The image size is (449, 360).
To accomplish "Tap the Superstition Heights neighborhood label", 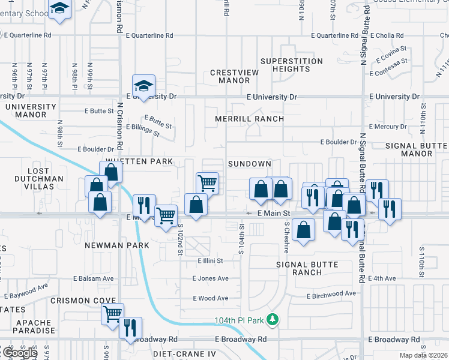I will tap(291, 65).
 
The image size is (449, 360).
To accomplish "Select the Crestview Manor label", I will tap(230, 77).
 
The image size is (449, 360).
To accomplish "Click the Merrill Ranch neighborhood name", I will tap(250, 119).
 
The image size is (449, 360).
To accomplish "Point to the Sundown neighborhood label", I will tap(250, 164).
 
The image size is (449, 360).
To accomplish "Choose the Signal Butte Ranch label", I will tap(307, 268).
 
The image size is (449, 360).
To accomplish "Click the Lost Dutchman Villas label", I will tap(38, 179).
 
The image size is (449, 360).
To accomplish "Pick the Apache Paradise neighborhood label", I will tap(35, 327).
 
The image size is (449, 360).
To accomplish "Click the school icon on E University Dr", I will tap(143, 85).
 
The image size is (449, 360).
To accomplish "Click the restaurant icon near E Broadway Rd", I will tap(130, 328).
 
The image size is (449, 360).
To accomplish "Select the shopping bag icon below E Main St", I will tap(304, 230).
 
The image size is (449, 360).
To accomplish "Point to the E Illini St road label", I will tap(210, 261).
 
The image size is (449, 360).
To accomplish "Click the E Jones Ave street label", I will tap(210, 278).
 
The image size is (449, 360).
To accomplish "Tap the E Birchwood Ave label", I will tap(332, 296).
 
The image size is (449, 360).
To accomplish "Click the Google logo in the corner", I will tap(20, 353).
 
